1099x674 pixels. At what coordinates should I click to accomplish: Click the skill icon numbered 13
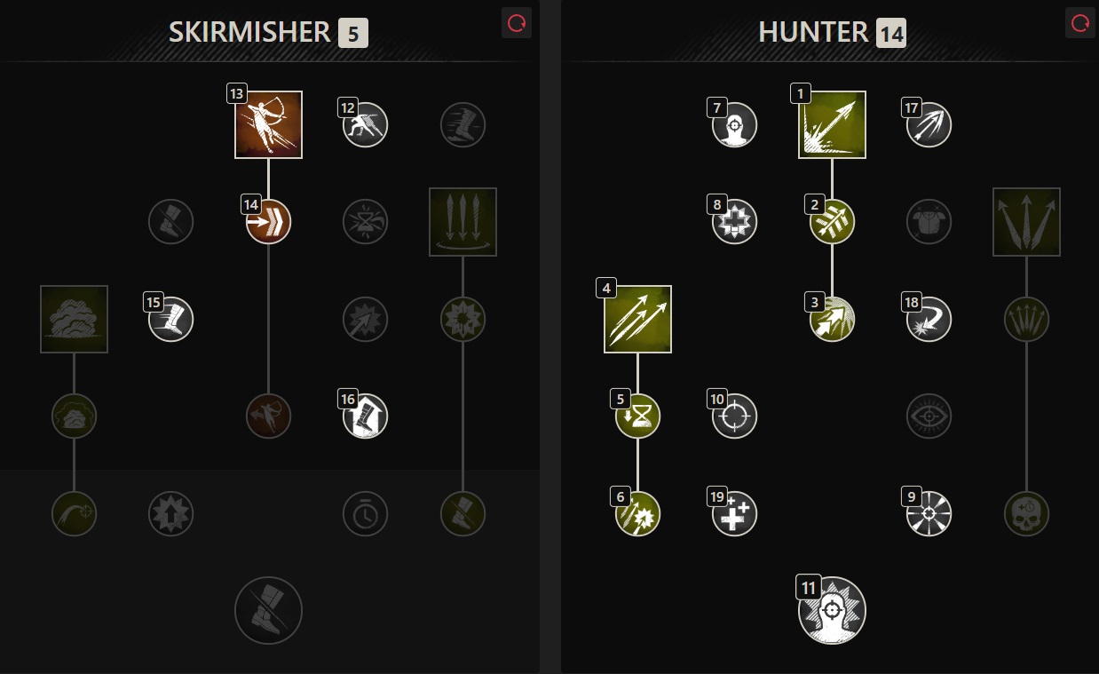click(269, 125)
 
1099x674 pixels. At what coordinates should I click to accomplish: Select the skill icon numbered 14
click(269, 221)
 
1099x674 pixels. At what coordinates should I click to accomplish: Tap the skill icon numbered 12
click(366, 124)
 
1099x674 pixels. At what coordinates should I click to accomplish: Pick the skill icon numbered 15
click(171, 319)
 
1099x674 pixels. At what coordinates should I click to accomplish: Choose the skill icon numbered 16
click(366, 416)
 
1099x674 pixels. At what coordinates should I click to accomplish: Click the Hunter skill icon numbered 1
click(832, 125)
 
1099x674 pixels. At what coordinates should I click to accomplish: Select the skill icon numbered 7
click(735, 124)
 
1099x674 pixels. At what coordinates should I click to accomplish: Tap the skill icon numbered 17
click(929, 124)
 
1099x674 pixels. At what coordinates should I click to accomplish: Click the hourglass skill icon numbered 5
click(638, 416)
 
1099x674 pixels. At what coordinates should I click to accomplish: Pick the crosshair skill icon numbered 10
click(735, 416)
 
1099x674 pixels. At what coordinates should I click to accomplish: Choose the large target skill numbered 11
click(832, 610)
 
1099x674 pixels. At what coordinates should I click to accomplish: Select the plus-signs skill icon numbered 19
click(735, 513)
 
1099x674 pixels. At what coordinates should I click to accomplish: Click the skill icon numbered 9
click(929, 513)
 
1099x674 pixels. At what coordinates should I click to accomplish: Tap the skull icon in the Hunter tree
click(1026, 513)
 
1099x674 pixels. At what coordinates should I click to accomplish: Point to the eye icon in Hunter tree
click(929, 416)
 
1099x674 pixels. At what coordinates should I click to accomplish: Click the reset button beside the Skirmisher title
click(517, 24)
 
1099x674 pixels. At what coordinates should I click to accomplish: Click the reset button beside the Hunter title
click(1080, 24)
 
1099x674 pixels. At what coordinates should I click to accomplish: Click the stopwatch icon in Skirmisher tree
click(366, 513)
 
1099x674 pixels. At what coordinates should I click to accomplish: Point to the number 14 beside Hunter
click(890, 35)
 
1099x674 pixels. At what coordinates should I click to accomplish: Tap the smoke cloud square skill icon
click(75, 319)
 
